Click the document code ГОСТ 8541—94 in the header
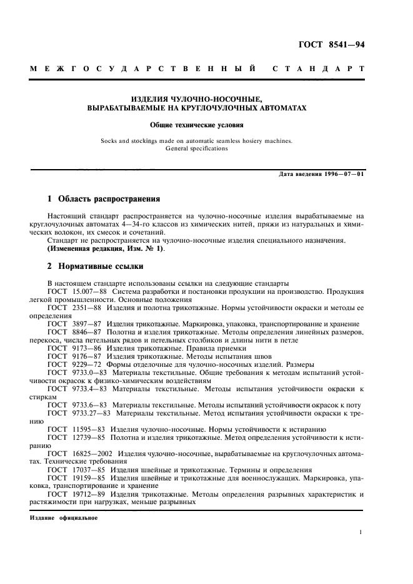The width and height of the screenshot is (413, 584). point(332,44)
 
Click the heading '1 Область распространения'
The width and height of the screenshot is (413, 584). point(104,200)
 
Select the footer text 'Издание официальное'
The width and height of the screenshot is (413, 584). point(63,517)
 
